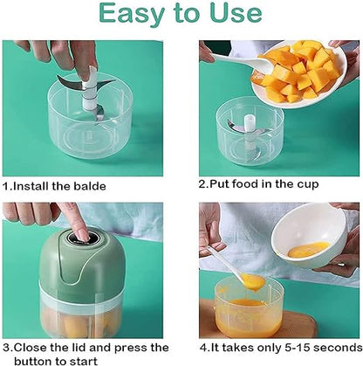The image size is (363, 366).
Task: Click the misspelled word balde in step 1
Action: click(x=90, y=186)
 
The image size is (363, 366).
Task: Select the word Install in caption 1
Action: click(x=31, y=186)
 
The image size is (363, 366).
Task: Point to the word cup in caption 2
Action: click(x=308, y=184)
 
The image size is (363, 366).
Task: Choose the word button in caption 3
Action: click(x=33, y=361)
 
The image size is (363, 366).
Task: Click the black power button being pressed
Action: click(x=83, y=238)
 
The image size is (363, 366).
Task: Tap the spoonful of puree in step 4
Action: click(x=252, y=281)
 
